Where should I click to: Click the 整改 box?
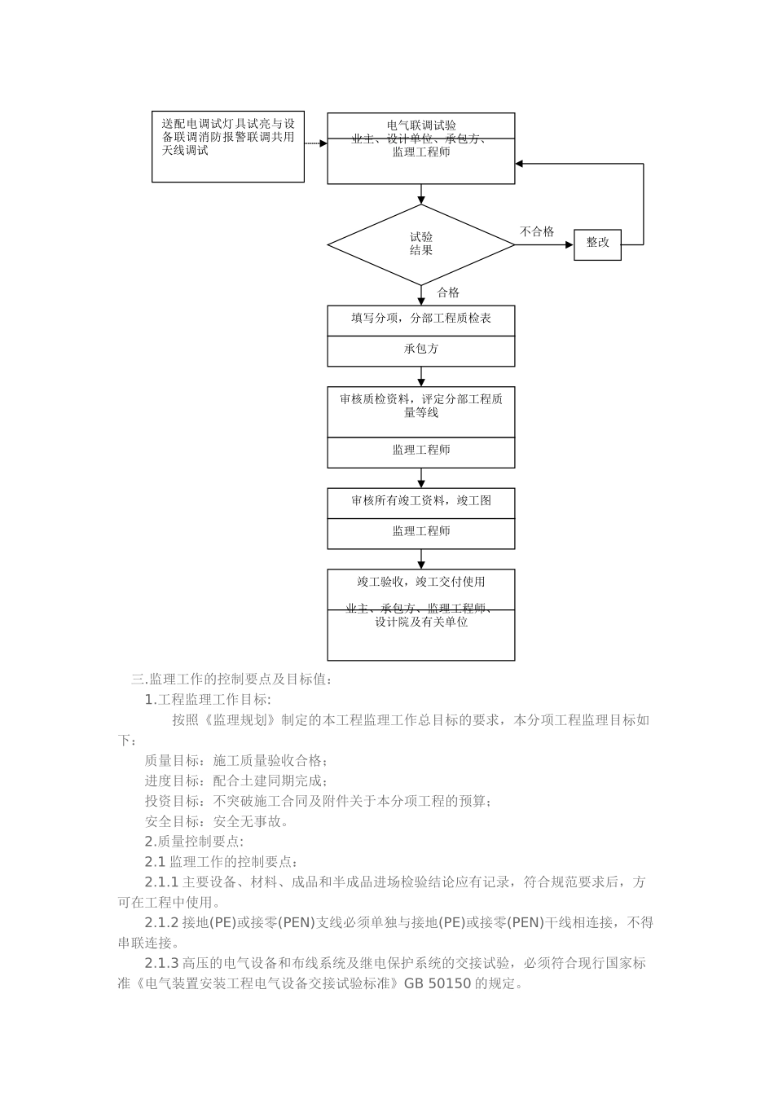[597, 243]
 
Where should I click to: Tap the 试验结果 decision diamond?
[420, 244]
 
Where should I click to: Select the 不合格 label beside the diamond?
[537, 232]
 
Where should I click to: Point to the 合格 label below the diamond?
[448, 292]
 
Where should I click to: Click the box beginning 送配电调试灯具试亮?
[228, 147]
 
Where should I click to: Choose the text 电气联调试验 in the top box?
[421, 125]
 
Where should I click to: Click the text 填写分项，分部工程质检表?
[421, 319]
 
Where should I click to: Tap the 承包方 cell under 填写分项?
[421, 349]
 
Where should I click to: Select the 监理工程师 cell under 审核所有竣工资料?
[421, 531]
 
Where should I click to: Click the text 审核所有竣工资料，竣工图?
[421, 501]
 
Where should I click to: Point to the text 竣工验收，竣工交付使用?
[421, 582]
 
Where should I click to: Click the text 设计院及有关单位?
[421, 622]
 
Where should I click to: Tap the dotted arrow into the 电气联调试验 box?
[316, 143]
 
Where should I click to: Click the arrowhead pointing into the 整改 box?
[570, 243]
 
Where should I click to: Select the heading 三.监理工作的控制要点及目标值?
[231, 679]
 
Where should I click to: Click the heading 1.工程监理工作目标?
[208, 699]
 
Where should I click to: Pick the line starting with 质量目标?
[236, 761]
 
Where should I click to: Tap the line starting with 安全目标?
[217, 821]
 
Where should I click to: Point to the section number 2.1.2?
[161, 923]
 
